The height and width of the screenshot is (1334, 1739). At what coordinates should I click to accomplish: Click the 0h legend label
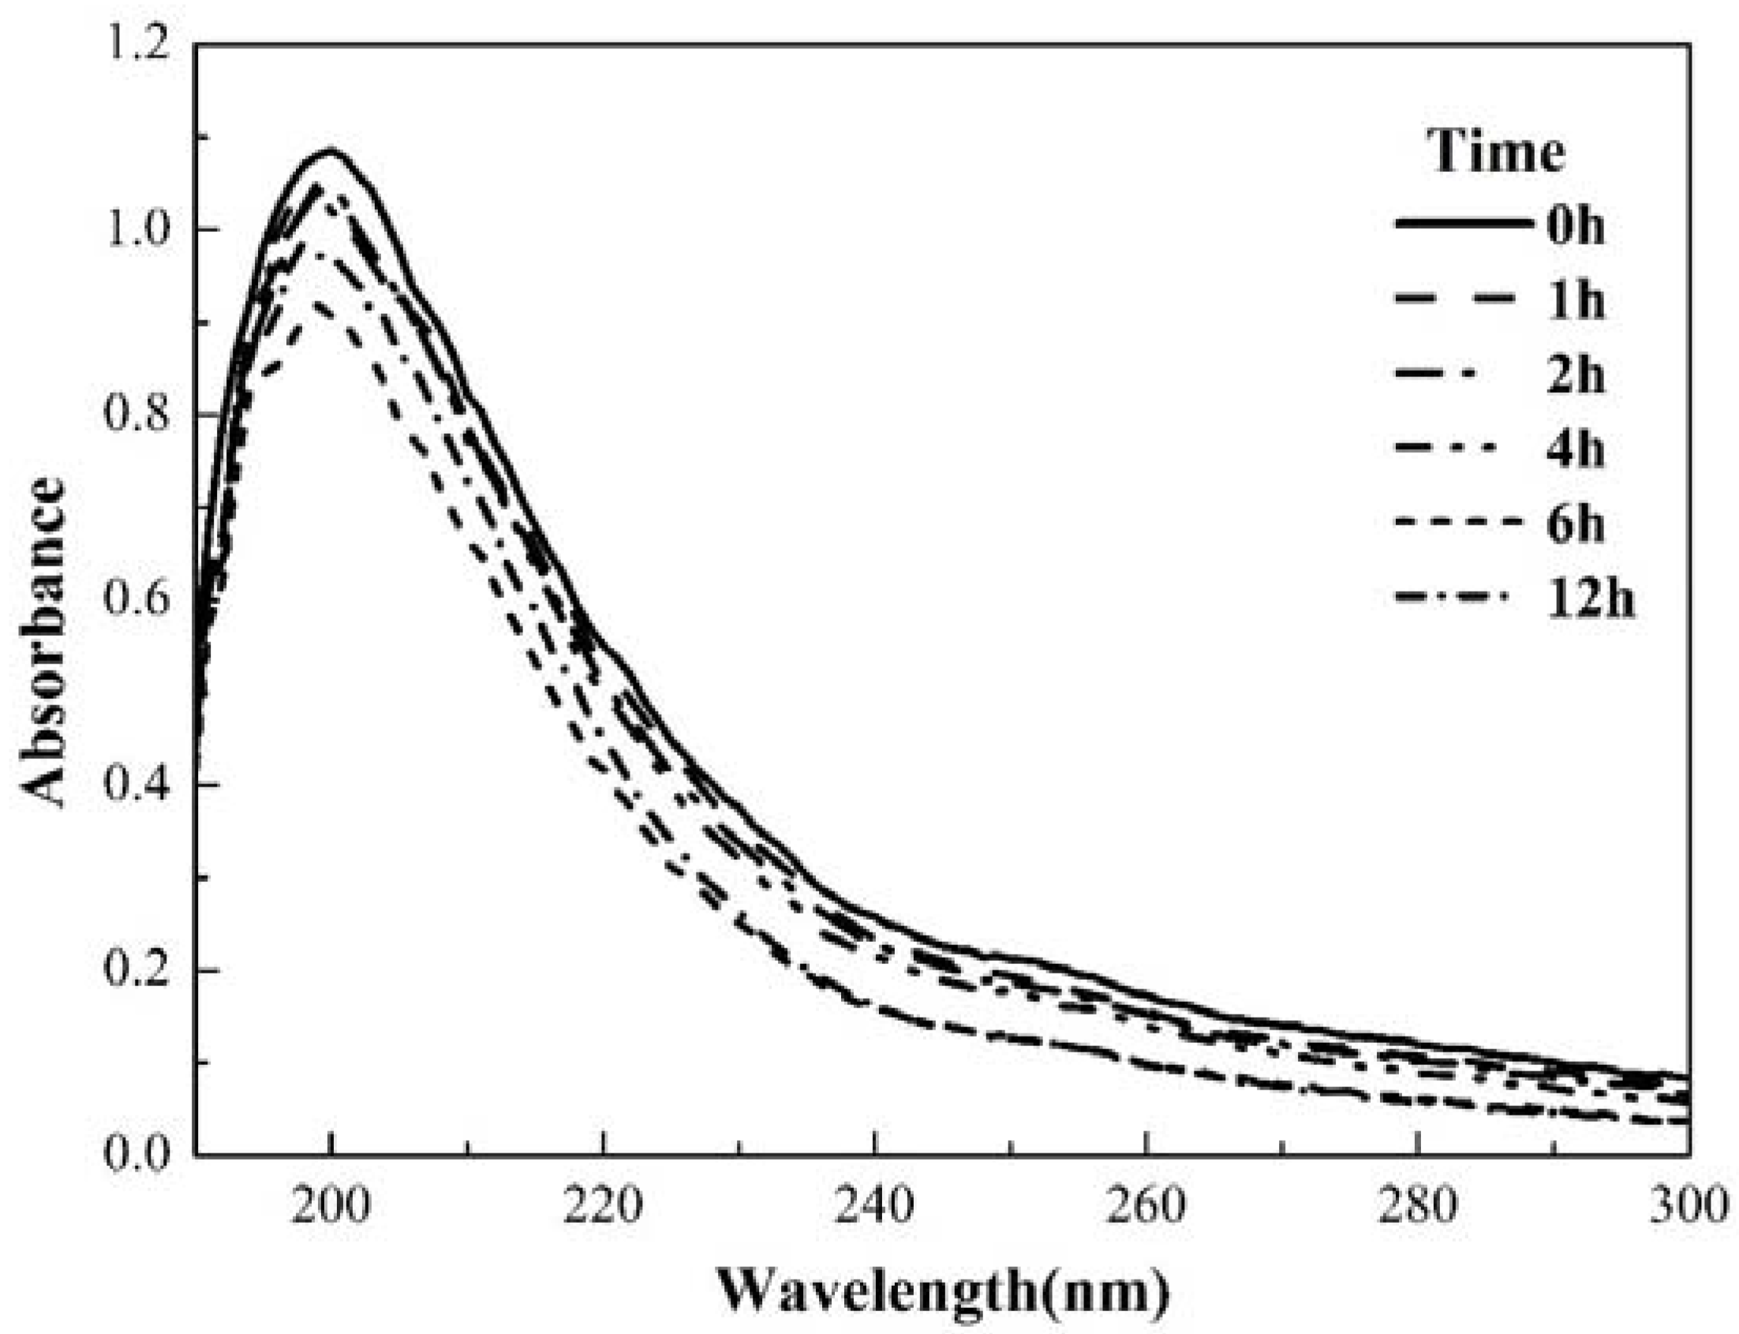click(1576, 227)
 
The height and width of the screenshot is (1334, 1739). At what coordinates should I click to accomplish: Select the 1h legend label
click(1576, 301)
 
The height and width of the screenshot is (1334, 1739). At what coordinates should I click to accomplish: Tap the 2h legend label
click(1576, 376)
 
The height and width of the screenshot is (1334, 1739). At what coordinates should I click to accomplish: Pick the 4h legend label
click(1576, 450)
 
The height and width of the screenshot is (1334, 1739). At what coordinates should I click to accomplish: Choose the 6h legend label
click(1576, 525)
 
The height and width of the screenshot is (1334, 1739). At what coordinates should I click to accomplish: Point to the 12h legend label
click(1590, 600)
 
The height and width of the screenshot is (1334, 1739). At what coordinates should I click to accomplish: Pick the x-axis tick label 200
click(331, 1205)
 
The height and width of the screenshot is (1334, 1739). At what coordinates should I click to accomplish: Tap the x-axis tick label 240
click(874, 1205)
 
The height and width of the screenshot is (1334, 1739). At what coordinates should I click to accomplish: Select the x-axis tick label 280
click(1417, 1205)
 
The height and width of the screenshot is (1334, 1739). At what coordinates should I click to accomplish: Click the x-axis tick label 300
click(1688, 1205)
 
